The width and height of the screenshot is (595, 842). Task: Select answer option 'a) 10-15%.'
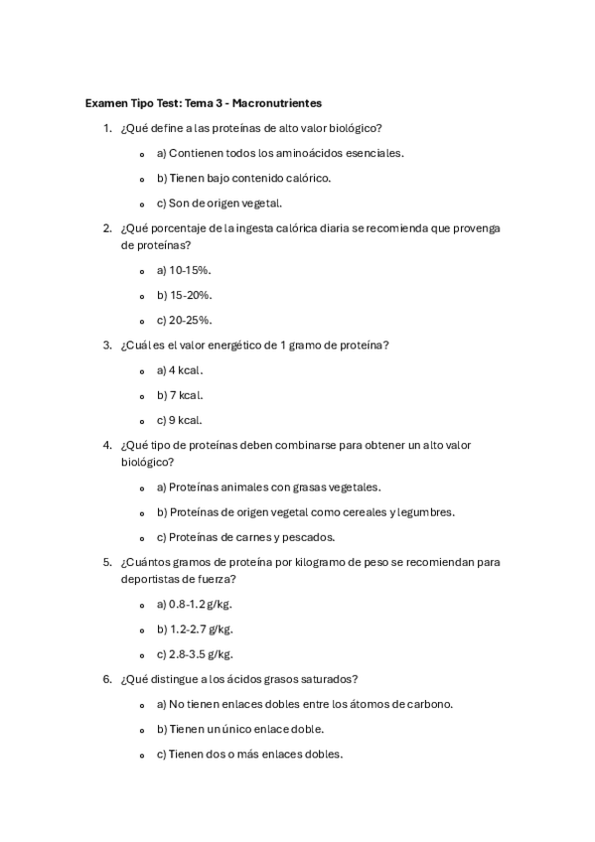pyautogui.click(x=184, y=270)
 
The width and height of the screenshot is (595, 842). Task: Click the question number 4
pyautogui.click(x=107, y=445)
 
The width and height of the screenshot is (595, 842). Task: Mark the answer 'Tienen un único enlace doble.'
pyautogui.click(x=239, y=729)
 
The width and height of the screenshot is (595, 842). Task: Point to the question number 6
pyautogui.click(x=107, y=679)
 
